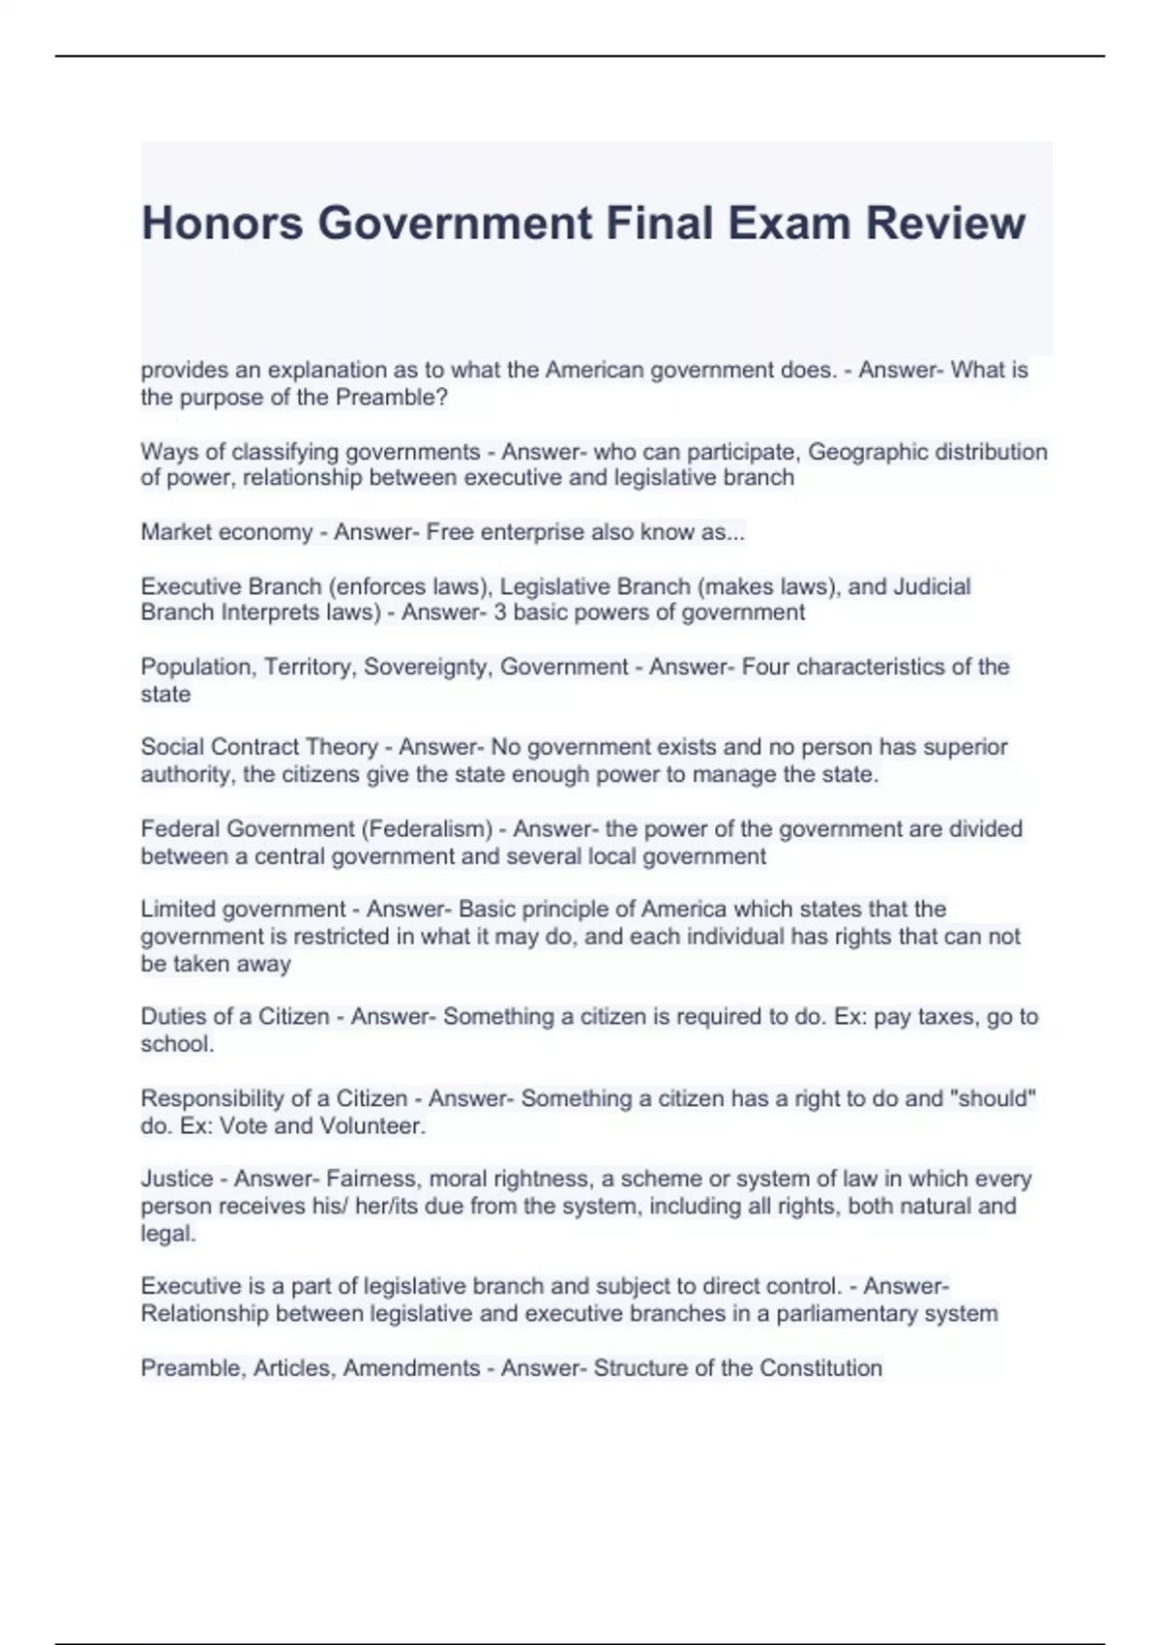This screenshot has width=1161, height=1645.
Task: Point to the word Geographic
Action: click(x=866, y=452)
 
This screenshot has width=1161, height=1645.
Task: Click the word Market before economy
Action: click(x=178, y=532)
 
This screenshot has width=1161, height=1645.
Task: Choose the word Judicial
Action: click(x=932, y=586)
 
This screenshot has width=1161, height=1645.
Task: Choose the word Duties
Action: click(x=174, y=1017)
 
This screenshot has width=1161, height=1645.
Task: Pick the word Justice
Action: click(x=177, y=1180)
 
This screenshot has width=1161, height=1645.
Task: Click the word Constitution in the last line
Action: click(x=820, y=1368)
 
